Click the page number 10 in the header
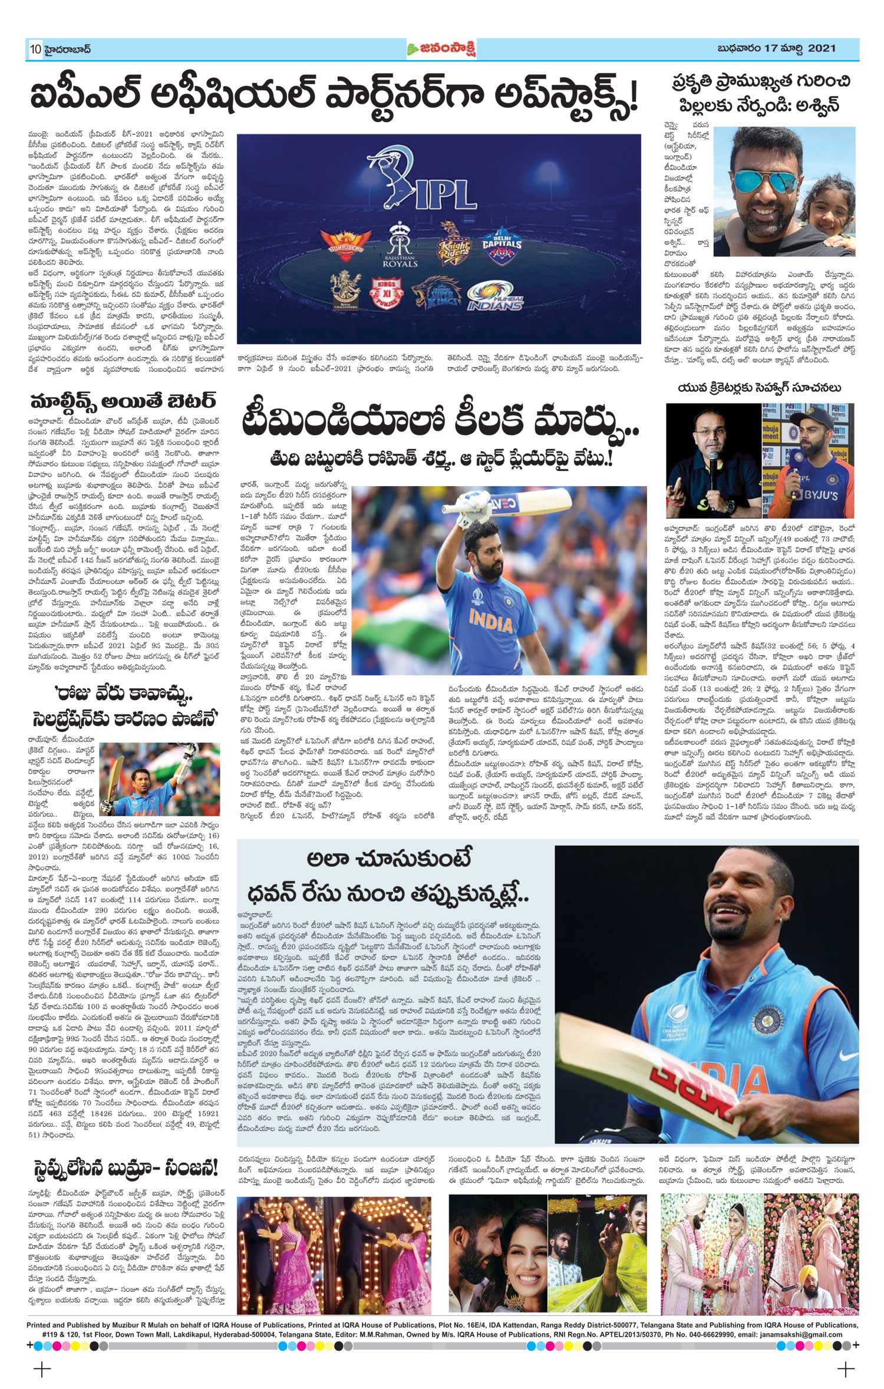point(34,50)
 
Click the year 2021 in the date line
point(822,48)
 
